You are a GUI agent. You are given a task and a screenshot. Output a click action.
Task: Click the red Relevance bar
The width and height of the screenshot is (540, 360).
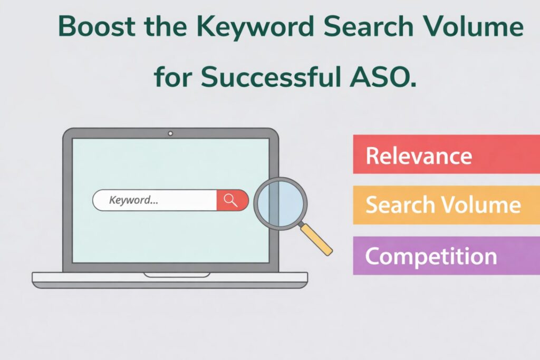point(446,154)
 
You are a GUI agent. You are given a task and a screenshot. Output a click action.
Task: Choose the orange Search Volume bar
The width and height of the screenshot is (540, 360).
point(446,205)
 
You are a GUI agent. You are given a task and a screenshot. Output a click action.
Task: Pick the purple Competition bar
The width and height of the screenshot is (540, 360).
point(446,256)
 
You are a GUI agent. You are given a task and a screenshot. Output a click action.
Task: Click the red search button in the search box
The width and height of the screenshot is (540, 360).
point(232,200)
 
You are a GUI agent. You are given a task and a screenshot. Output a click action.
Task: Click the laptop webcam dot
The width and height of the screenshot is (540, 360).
point(170,134)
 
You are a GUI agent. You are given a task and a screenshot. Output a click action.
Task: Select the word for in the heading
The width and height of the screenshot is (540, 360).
point(172,77)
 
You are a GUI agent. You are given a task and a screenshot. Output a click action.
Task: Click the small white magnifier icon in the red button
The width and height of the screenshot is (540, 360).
point(230,200)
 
